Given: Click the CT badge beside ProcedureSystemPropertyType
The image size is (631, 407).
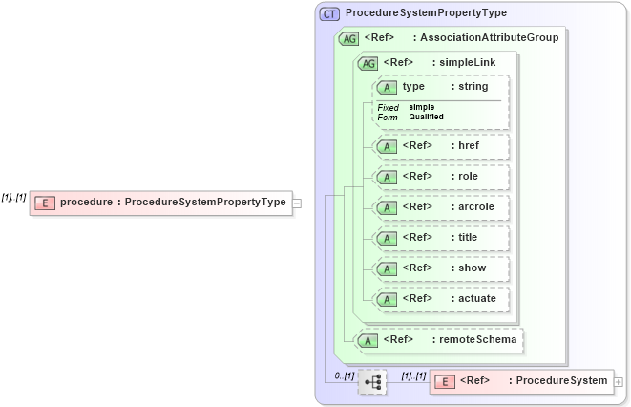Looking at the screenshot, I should pos(329,13).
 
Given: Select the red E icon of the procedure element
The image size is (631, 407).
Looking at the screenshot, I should pos(44,202).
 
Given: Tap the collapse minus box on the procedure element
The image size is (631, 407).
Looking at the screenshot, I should pos(297,202).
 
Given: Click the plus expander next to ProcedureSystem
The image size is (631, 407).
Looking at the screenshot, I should pos(619,381).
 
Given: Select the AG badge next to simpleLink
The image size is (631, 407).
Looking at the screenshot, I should pos(367,63).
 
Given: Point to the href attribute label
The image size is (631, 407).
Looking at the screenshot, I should pos(469,145).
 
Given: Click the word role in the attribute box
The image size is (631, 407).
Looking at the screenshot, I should pos(468,176).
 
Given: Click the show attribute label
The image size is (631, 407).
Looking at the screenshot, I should pos(472,268).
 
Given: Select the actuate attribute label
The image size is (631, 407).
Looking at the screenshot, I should pos(477,298).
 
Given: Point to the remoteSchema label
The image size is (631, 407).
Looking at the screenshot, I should pos(476,338).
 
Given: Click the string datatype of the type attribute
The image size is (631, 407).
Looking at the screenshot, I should pos(473,87).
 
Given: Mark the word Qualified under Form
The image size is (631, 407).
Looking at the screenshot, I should pos(426,117).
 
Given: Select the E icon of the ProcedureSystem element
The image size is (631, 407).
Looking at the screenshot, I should pos(444,382).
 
